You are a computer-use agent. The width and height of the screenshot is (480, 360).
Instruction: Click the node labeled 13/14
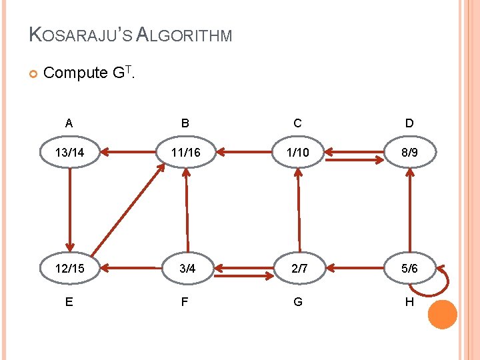tap(69, 153)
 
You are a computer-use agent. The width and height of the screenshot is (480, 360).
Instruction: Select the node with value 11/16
tap(185, 153)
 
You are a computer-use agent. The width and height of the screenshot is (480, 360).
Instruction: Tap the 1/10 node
tap(297, 153)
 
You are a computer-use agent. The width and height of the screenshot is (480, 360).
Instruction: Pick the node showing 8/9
tap(409, 153)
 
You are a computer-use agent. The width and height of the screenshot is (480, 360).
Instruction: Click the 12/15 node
tap(69, 269)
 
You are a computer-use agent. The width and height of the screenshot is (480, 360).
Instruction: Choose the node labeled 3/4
tap(187, 269)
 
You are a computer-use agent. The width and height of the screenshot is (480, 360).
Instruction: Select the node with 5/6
tap(409, 269)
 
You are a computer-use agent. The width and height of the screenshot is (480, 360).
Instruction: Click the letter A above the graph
tap(69, 123)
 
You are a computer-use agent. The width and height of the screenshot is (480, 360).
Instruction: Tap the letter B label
tap(185, 123)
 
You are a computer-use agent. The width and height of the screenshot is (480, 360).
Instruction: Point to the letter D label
tap(409, 123)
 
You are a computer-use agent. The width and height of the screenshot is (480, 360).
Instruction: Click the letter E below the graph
tap(69, 302)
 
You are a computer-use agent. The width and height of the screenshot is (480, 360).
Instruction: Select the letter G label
tap(297, 302)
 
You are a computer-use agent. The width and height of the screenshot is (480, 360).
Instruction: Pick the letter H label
tap(409, 302)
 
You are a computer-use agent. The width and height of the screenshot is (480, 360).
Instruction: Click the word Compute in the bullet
tap(75, 72)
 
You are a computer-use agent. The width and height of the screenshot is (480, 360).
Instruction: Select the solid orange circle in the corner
tap(442, 314)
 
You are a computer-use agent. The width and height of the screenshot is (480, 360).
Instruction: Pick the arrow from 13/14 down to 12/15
tap(69, 209)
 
